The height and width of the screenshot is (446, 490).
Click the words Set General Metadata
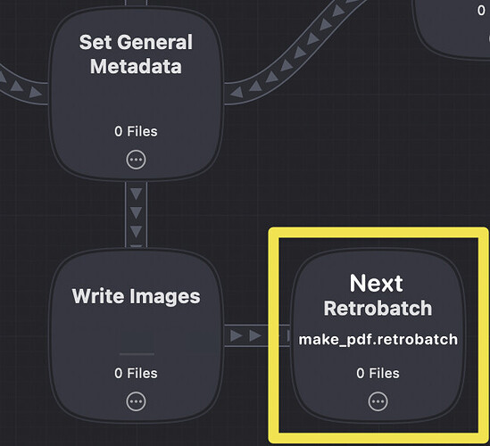point(136,54)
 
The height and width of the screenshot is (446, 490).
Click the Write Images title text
point(136,296)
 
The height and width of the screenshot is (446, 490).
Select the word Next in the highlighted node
point(377,284)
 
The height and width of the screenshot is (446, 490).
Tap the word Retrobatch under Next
point(378,309)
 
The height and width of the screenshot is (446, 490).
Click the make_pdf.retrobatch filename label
point(378,340)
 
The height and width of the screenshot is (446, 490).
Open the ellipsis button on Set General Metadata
point(136,160)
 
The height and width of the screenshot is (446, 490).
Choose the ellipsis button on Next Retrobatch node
point(378,401)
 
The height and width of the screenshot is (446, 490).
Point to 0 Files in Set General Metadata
point(136,131)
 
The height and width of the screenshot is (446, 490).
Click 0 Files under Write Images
point(136,373)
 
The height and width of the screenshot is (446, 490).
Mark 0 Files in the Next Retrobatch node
point(378,373)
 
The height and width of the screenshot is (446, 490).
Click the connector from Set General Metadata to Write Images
point(136,214)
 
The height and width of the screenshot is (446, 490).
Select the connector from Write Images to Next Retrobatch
point(257,335)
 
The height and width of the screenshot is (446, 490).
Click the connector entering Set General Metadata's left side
point(23,86)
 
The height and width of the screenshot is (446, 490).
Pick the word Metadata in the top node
point(136,66)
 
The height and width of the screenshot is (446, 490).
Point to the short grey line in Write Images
point(137,354)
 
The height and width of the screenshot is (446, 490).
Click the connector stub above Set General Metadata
point(136,3)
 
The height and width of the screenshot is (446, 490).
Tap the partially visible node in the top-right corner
point(453,29)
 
